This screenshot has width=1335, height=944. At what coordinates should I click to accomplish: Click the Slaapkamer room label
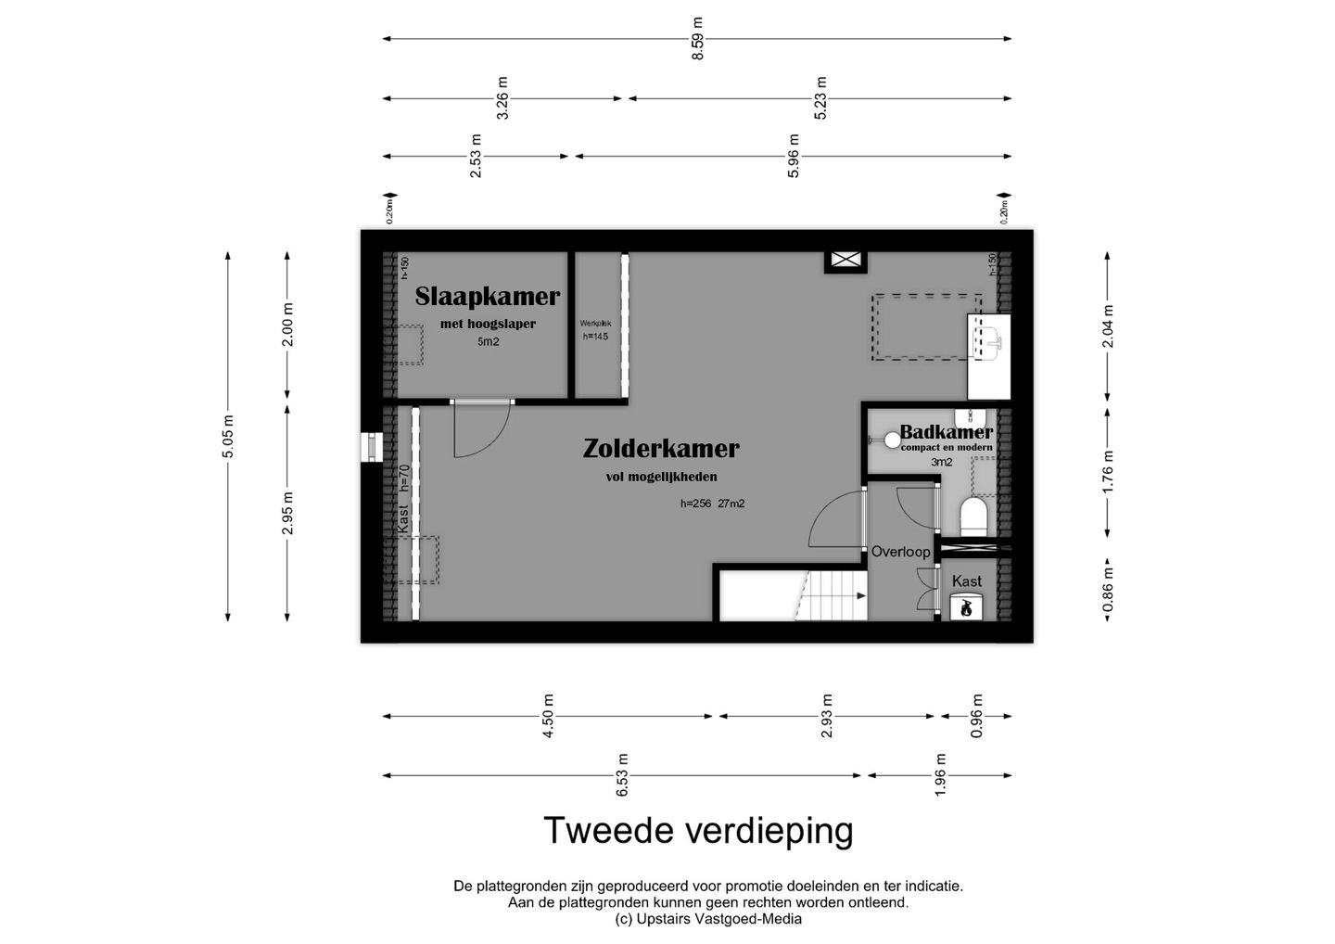(487, 297)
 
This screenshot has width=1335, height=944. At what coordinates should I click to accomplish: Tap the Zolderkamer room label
(661, 449)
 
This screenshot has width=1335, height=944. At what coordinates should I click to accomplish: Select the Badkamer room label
(946, 432)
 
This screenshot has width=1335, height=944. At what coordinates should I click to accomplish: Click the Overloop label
(899, 552)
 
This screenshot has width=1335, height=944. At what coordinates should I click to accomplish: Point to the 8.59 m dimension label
(698, 39)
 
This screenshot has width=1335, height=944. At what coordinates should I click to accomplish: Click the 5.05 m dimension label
(228, 436)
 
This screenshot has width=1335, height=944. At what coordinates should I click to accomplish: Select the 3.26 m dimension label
(502, 98)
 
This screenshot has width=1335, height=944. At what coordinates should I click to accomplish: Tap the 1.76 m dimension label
(1108, 471)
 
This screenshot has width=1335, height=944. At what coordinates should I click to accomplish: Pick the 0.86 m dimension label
(1108, 591)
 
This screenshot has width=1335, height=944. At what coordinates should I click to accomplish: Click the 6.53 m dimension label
(623, 775)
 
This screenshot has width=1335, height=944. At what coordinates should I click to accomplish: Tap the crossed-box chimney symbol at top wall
(845, 262)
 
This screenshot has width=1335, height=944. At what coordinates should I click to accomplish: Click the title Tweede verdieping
(697, 831)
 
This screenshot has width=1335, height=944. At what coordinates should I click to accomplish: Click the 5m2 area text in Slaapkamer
(488, 342)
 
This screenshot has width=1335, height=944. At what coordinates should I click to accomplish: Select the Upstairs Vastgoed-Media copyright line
(708, 919)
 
